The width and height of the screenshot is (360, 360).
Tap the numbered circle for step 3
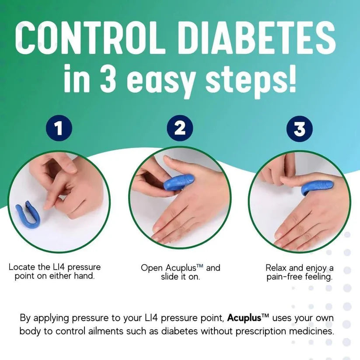(x=299, y=129)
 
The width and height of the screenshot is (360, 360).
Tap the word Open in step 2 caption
(x=152, y=268)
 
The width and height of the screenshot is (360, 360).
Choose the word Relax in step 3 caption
(x=277, y=267)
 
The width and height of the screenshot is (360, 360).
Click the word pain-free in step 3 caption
(x=283, y=277)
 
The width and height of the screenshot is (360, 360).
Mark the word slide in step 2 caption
(x=168, y=277)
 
